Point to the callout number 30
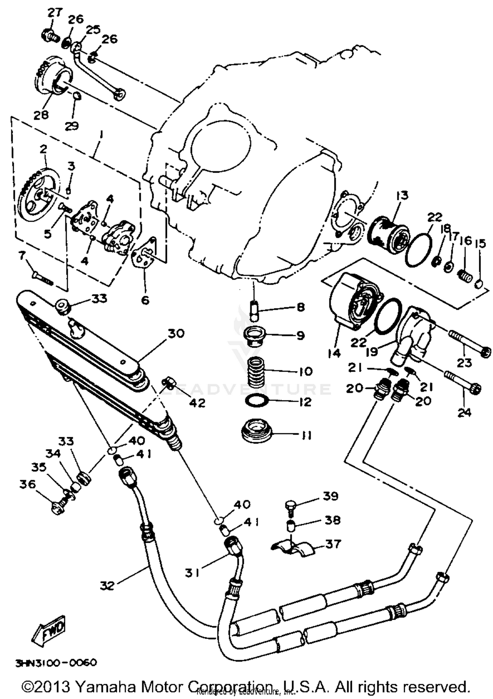[x=176, y=334]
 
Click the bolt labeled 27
[x=50, y=35]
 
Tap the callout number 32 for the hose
[x=107, y=586]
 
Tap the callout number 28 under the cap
[x=41, y=115]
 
